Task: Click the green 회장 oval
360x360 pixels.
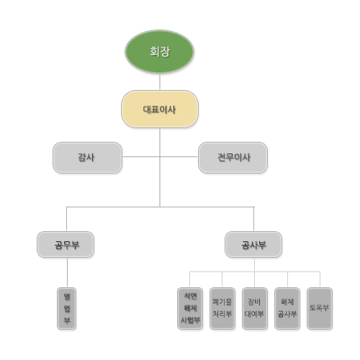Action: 159,52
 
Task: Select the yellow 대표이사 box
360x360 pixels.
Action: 160,109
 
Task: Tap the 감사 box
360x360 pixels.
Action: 87,158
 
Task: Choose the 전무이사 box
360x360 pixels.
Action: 233,158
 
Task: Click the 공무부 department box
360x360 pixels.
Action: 66,245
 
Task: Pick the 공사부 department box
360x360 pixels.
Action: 253,245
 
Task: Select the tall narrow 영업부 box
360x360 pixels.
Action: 67,308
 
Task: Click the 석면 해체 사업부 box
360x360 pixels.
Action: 190,308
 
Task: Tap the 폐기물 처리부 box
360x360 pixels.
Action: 222,308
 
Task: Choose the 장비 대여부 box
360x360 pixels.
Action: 255,308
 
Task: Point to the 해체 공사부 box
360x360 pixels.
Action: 287,308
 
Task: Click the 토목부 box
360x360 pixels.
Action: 320,308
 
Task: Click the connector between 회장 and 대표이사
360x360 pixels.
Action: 160,82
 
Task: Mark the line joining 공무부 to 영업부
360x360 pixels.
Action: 67,272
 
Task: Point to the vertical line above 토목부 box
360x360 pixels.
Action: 320,279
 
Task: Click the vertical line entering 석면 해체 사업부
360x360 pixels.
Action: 190,279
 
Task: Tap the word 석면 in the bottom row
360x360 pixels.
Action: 190,296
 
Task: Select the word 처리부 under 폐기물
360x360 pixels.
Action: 222,314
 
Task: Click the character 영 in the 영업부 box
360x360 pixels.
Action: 67,297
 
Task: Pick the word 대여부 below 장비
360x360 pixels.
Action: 254,314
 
